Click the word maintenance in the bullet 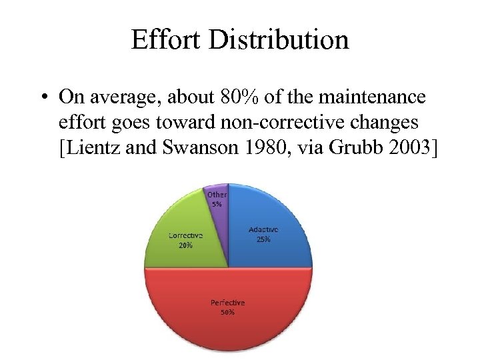pyautogui.click(x=370, y=98)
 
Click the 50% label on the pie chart pyautogui.click(x=228, y=312)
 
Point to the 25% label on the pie pyautogui.click(x=263, y=239)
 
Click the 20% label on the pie pyautogui.click(x=185, y=245)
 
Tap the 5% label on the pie pyautogui.click(x=217, y=204)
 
